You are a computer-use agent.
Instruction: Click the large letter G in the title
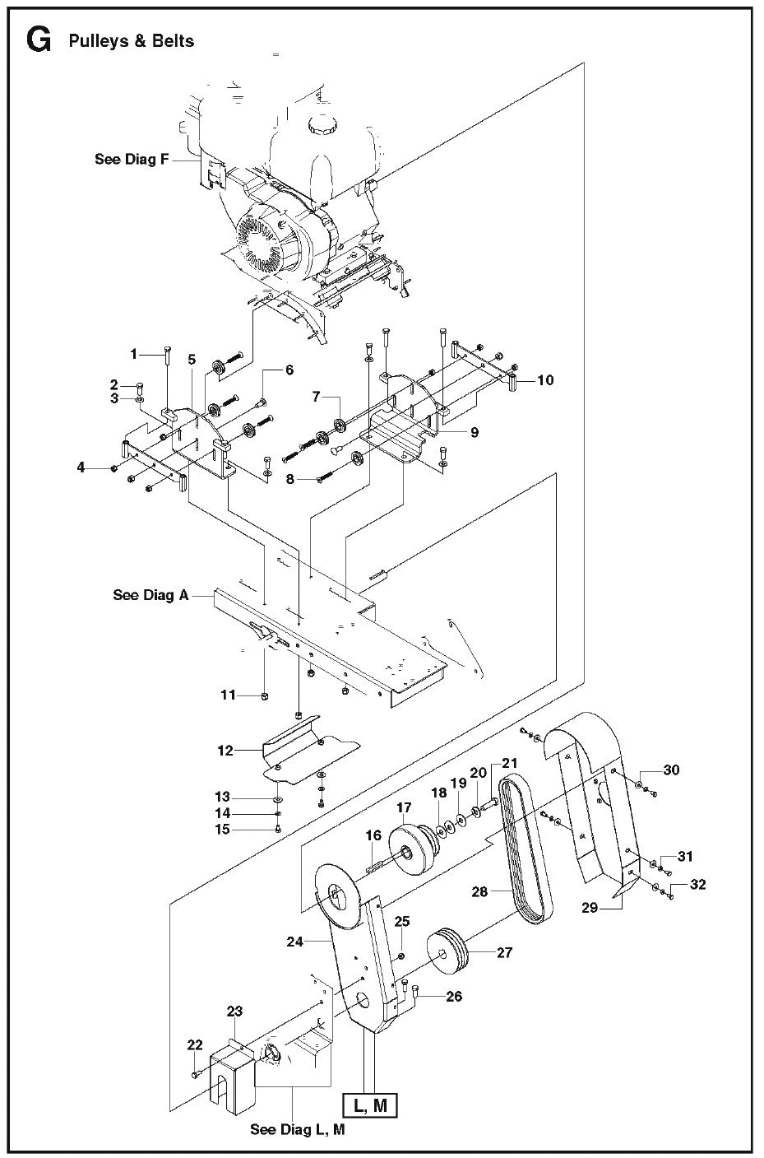[39, 40]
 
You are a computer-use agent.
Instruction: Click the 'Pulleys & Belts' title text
[132, 41]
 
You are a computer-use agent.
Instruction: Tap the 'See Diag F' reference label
[132, 160]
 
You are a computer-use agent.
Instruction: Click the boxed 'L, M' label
[369, 1105]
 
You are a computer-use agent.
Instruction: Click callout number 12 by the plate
[226, 751]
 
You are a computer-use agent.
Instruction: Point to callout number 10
[545, 380]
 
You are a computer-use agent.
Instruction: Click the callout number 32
[697, 885]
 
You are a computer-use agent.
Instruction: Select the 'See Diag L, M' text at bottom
[297, 1130]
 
